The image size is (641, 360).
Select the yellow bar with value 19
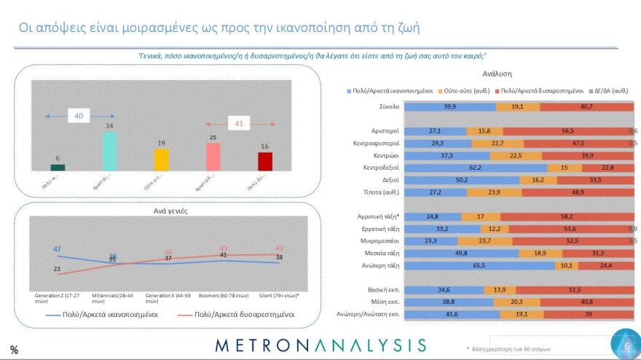(x=161, y=160)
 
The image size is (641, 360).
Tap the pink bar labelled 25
(x=213, y=156)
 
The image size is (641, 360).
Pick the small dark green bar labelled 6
(x=58, y=168)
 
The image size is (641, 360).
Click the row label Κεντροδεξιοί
(x=377, y=167)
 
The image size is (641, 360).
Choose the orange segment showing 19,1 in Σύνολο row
(x=517, y=106)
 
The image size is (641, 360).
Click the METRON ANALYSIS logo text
(x=320, y=345)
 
